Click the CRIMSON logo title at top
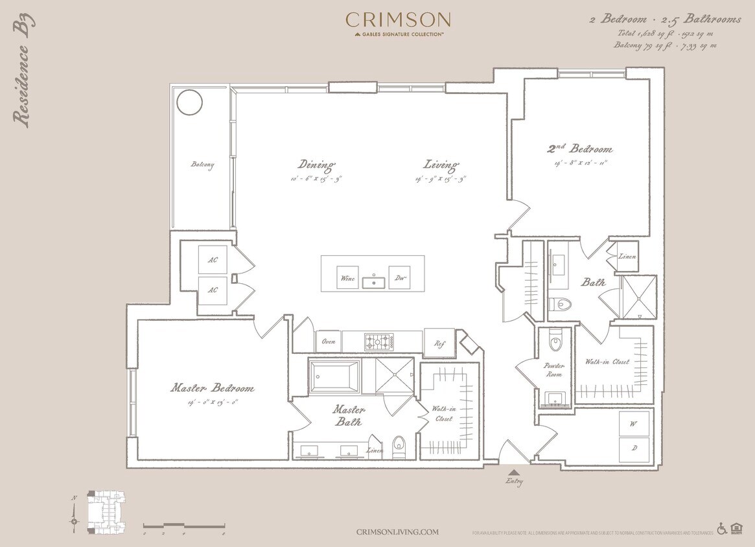click(x=397, y=20)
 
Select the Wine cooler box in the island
click(x=347, y=278)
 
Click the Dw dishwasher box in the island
click(x=399, y=278)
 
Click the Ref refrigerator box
click(x=439, y=343)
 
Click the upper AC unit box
click(x=213, y=259)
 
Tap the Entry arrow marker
click(x=514, y=473)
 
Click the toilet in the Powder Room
click(x=555, y=342)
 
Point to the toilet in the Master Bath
click(x=399, y=445)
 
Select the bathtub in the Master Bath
click(x=334, y=377)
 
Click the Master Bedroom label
click(x=212, y=388)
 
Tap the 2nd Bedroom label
click(x=580, y=149)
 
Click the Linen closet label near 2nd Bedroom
click(x=627, y=257)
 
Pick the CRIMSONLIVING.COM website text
click(x=397, y=531)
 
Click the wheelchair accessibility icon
click(x=722, y=529)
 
